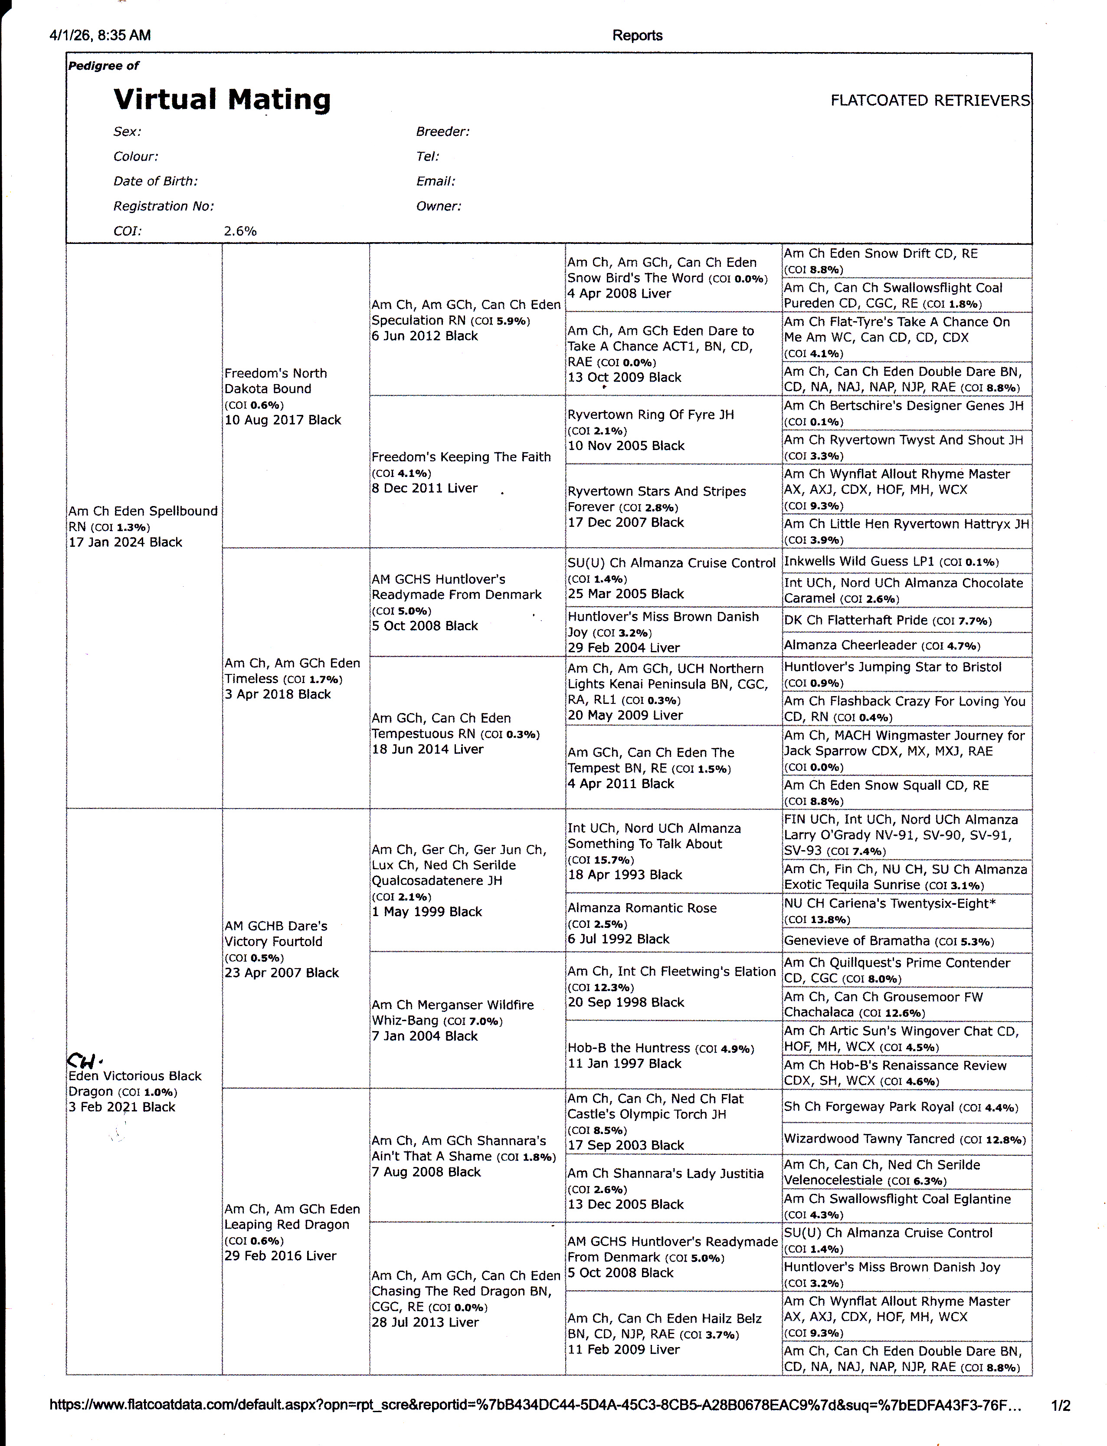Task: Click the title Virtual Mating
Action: (222, 99)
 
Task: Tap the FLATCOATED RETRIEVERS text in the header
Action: (930, 100)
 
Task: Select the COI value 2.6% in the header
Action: (240, 231)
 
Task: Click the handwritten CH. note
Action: (84, 1061)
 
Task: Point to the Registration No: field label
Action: (164, 206)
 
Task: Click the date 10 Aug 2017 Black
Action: (283, 420)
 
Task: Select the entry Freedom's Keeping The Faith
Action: (461, 457)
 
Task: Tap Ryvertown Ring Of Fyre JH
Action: (650, 414)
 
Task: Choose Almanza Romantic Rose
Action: (642, 908)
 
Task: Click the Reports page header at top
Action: (636, 36)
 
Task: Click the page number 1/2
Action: (1060, 1406)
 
